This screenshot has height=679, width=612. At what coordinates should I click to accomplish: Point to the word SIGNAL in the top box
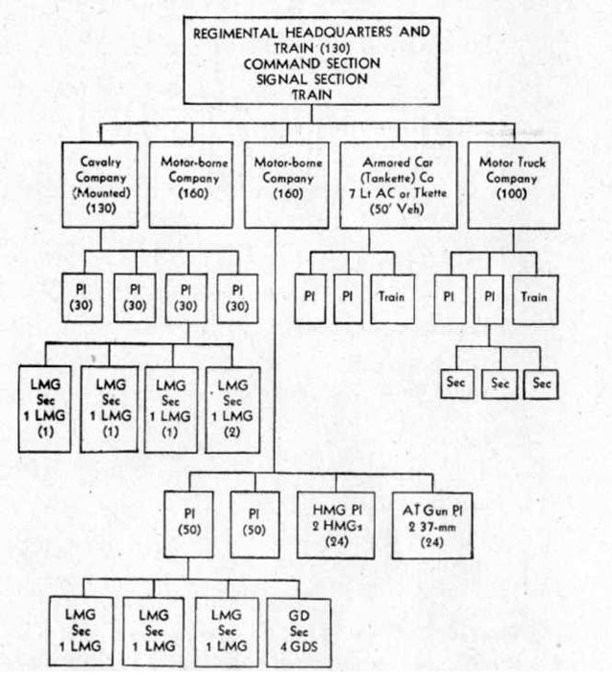282,79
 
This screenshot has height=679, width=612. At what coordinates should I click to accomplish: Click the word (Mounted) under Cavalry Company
101,192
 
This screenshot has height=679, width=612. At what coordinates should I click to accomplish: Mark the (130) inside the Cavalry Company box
101,208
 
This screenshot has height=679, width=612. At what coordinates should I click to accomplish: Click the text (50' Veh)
397,209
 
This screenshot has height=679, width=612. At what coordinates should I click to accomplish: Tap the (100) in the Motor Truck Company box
512,193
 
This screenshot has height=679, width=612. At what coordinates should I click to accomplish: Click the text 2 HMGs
338,526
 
